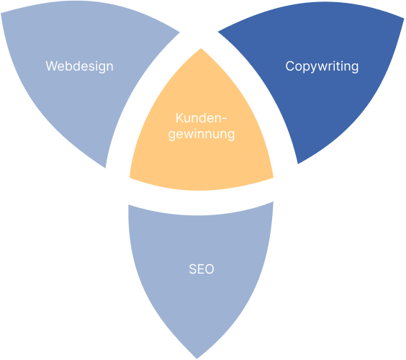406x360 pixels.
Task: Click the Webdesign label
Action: [x=79, y=66]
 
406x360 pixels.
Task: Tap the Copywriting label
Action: [x=322, y=66]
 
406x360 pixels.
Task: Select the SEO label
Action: [x=202, y=269]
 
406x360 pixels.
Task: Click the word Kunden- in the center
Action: [x=201, y=118]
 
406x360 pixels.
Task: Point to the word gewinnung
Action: [x=202, y=135]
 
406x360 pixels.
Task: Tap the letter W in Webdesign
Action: [x=51, y=66]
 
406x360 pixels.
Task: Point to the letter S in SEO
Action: [x=193, y=269]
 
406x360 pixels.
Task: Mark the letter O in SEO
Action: [x=209, y=269]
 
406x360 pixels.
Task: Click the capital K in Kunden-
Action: [x=179, y=118]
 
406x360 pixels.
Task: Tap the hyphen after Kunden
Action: [x=224, y=120]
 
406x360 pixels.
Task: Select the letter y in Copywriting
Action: [x=313, y=68]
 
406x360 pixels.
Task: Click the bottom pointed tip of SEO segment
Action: [x=197, y=359]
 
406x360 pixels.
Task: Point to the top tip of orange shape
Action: [x=201, y=48]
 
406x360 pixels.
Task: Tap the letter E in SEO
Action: [x=200, y=269]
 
